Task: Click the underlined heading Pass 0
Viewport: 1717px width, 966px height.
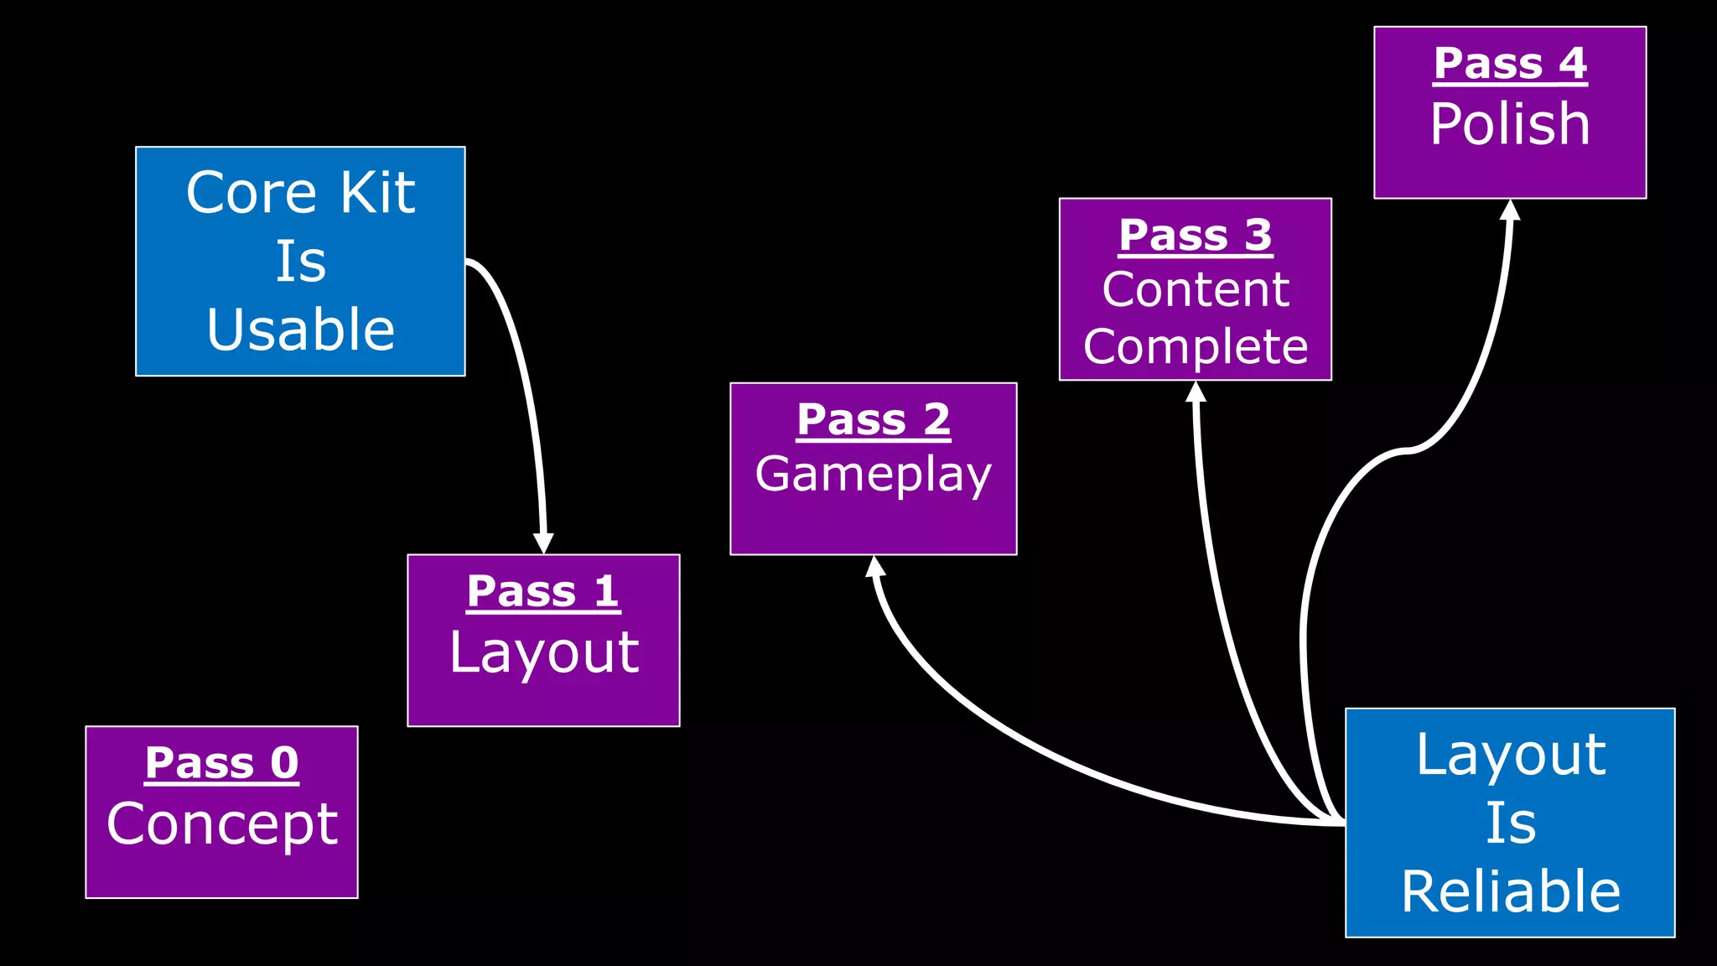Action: (221, 763)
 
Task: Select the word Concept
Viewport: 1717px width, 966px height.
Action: (221, 823)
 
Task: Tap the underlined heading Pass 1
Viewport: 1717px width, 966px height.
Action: (543, 591)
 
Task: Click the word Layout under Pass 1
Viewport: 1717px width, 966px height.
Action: (543, 652)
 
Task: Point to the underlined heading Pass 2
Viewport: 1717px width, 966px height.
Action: (873, 419)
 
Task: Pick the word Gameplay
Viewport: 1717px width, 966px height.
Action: (873, 475)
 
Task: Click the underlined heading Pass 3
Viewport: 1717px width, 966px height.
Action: (1195, 235)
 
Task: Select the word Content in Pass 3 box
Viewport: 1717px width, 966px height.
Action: (1195, 290)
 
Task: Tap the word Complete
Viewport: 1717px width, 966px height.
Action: (1195, 346)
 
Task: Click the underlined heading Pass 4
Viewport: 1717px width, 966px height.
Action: (1510, 64)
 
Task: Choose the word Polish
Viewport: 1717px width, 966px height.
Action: (1510, 124)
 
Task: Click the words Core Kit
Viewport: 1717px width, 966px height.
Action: (300, 193)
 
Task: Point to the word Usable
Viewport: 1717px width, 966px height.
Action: (300, 329)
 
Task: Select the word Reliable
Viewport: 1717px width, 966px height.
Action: (1510, 891)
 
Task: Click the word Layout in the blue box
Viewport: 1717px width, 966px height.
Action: (1510, 755)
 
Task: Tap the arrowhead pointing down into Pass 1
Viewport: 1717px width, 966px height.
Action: (543, 543)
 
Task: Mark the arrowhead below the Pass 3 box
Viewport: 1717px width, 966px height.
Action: (1196, 392)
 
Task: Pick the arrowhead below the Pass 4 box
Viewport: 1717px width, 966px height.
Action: (1510, 210)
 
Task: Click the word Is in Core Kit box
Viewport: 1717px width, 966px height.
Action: (300, 262)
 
